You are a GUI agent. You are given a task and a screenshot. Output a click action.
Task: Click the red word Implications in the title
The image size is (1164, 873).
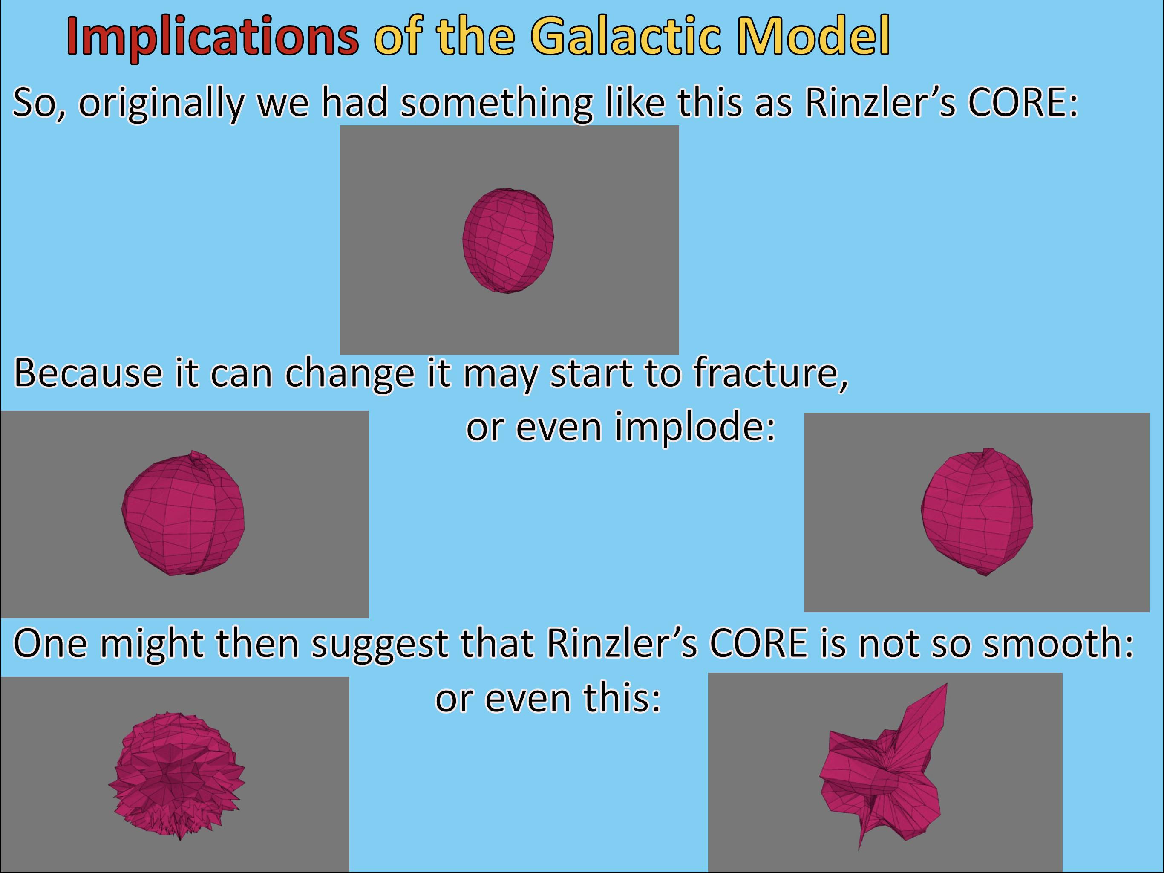tap(212, 37)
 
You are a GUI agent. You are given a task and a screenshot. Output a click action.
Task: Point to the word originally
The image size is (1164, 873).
tap(161, 103)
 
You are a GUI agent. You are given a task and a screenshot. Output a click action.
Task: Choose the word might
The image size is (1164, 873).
tap(153, 645)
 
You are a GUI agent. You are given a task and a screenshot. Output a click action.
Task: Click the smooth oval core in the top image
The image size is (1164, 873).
tap(508, 240)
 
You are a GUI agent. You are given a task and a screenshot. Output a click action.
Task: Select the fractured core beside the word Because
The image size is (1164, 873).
tap(183, 513)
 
